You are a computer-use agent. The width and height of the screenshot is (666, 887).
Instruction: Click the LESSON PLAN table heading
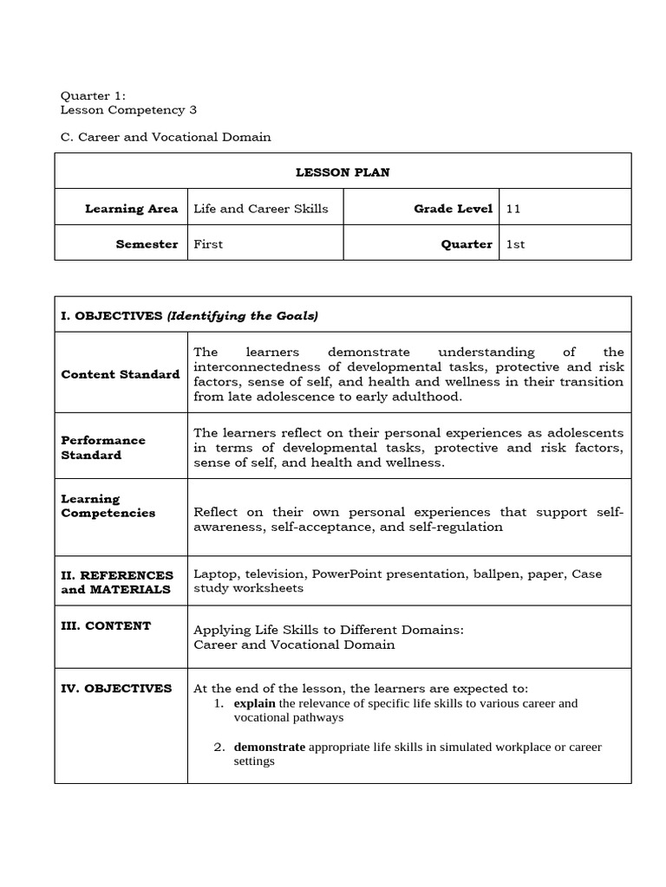point(343,172)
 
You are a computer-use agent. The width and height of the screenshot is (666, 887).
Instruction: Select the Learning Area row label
point(131,209)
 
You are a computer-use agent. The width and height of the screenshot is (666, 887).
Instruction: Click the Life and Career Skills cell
point(261,209)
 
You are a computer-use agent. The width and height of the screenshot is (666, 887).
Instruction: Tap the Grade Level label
point(453,209)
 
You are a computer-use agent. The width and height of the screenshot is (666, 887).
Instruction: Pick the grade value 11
point(513,209)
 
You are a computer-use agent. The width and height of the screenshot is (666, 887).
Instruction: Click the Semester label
point(147,244)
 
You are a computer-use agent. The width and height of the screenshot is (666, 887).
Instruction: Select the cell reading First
point(208,244)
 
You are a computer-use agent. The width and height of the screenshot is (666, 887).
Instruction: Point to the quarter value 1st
point(516,244)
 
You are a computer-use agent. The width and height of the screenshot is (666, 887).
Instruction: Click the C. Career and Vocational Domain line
point(165,137)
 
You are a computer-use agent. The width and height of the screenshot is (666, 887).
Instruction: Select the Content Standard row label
point(121,374)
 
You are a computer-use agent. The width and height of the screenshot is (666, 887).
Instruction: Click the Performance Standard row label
point(103,447)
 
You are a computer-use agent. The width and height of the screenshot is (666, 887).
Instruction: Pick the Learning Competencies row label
point(108,506)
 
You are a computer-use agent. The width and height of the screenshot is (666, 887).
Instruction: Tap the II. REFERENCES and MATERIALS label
point(117,582)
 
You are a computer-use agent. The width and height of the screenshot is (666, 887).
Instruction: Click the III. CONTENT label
point(106,625)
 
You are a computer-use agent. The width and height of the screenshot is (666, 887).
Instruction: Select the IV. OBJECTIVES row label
point(116,688)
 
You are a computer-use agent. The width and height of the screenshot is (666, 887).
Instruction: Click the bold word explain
point(254,703)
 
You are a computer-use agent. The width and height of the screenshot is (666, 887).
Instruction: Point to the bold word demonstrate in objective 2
point(269,747)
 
